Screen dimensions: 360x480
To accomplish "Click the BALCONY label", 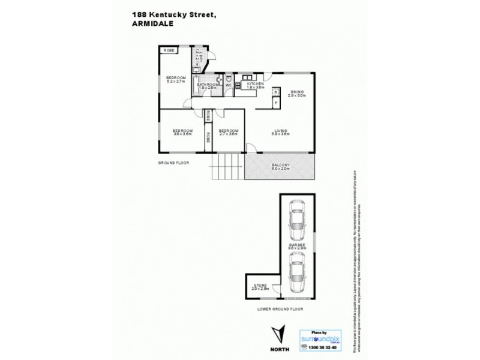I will pyautogui.click(x=281, y=165).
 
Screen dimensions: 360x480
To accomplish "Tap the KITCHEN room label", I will pyautogui.click(x=256, y=85).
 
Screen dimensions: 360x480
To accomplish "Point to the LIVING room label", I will pyautogui.click(x=281, y=131).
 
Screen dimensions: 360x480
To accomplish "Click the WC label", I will pyautogui.click(x=229, y=85).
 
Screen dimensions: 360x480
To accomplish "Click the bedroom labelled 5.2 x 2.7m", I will pyautogui.click(x=176, y=78).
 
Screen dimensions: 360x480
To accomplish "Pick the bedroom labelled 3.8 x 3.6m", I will pyautogui.click(x=182, y=131).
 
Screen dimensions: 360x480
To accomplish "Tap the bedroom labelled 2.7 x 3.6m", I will pyautogui.click(x=228, y=131).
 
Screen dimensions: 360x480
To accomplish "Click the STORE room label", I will pyautogui.click(x=260, y=286).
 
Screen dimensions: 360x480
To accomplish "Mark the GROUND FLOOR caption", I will pyautogui.click(x=173, y=163).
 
